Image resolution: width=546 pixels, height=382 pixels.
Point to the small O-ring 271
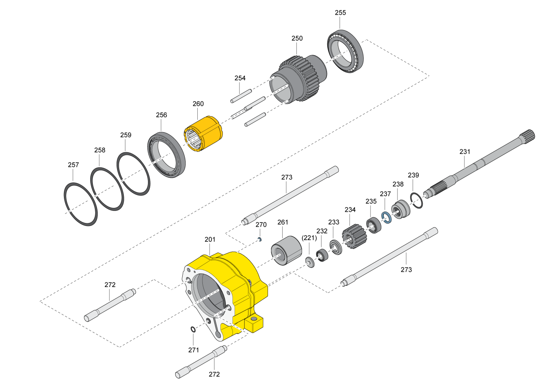click(x=193, y=330)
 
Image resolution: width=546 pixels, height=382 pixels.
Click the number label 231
click(x=465, y=151)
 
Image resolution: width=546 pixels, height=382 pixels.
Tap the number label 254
click(x=240, y=78)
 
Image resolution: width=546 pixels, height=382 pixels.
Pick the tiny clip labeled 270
click(x=260, y=239)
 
